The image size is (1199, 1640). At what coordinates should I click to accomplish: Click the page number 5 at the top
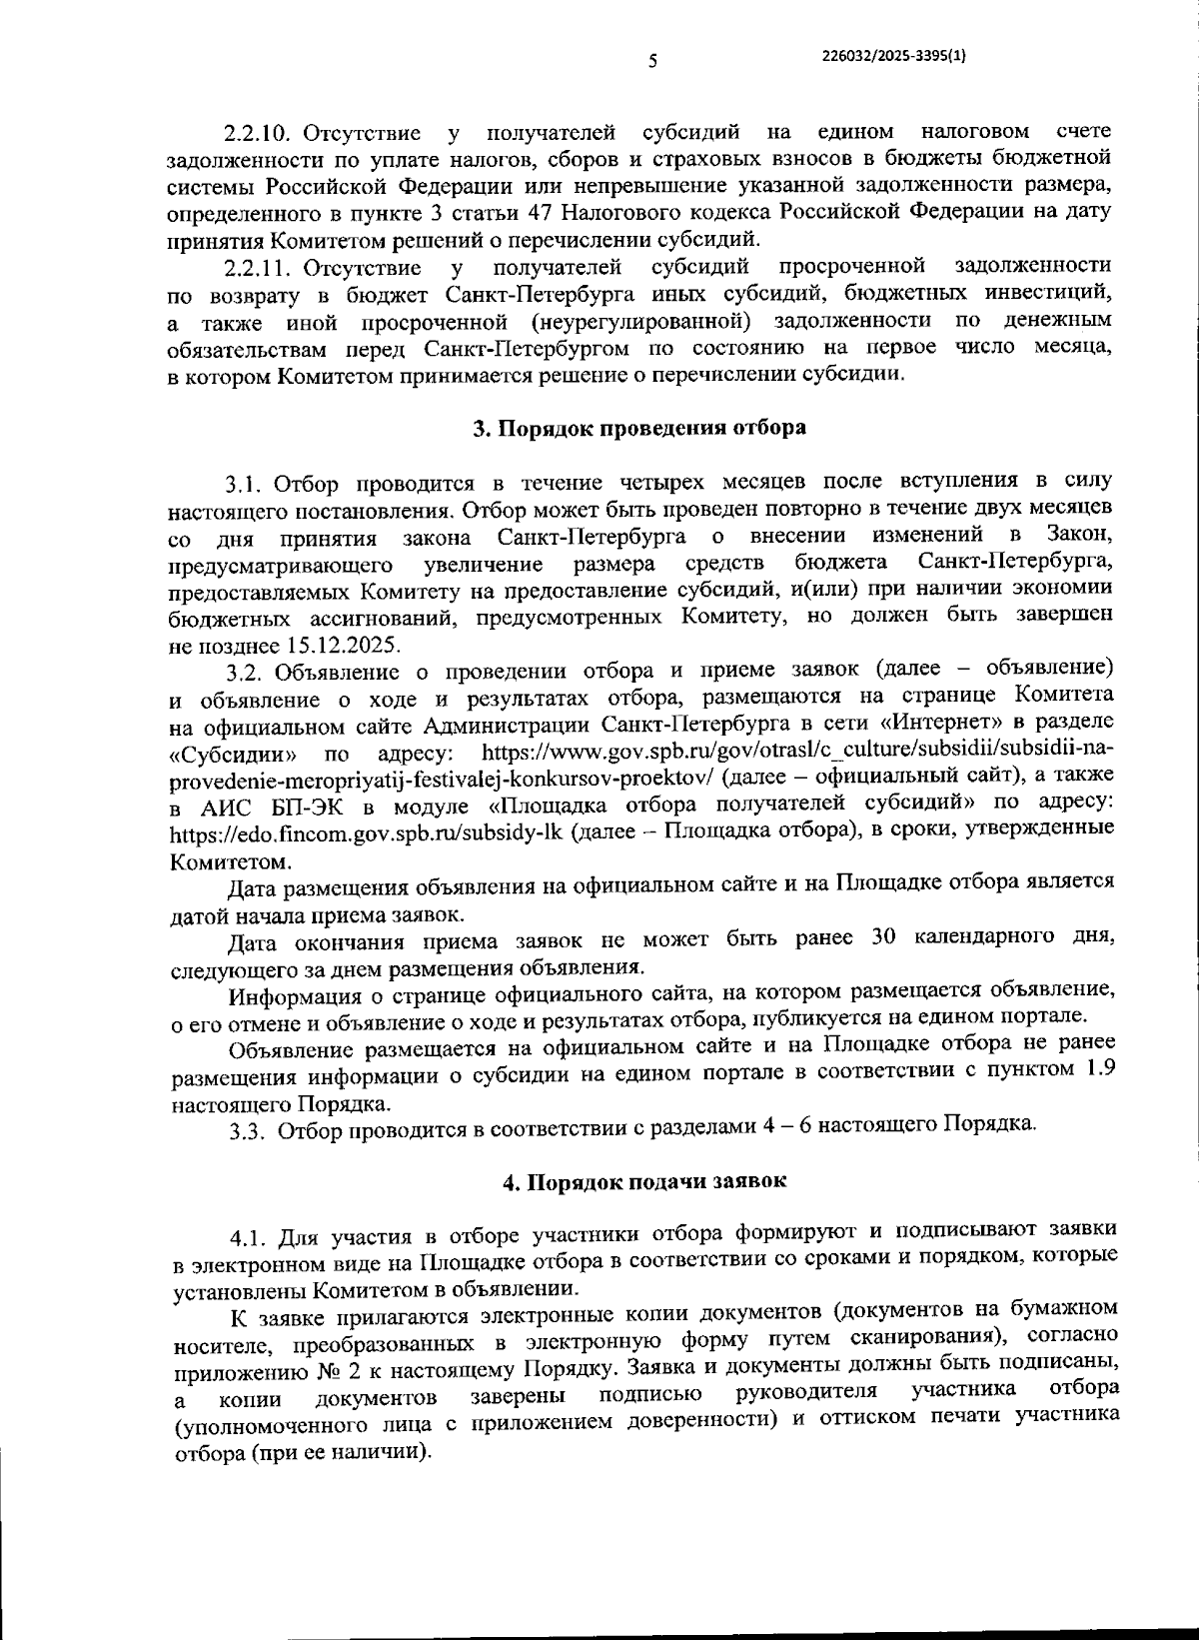tap(651, 61)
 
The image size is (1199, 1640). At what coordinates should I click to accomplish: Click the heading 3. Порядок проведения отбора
tap(639, 428)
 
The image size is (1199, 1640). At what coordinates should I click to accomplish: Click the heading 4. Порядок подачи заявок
tap(644, 1181)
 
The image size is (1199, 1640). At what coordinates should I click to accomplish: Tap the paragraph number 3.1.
tap(244, 485)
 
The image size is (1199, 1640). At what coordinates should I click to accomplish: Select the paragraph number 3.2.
tap(244, 671)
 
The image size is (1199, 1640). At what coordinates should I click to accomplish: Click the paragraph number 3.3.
tap(246, 1131)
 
